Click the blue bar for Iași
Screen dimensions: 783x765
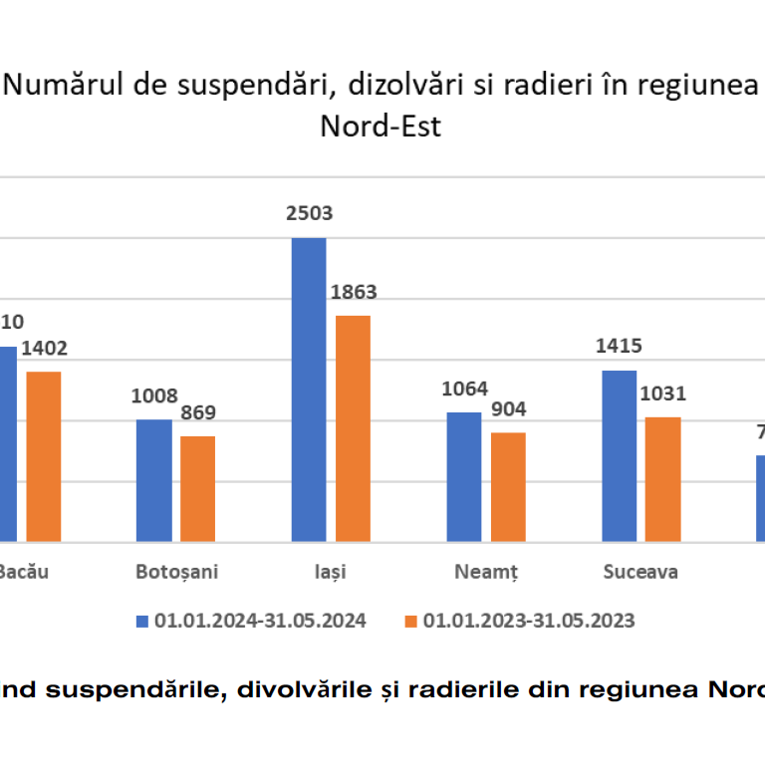308,390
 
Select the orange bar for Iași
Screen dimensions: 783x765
353,428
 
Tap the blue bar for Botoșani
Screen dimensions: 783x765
153,480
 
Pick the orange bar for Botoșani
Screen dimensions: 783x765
197,489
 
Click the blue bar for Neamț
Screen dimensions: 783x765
463,477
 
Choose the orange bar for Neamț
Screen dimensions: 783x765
508,487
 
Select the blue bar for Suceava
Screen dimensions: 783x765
620,456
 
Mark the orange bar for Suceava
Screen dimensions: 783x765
663,479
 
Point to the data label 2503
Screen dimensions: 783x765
309,213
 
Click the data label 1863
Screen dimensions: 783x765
354,292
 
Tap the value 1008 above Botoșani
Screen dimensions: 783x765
153,395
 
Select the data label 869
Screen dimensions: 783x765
197,412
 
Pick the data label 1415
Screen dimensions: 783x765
620,347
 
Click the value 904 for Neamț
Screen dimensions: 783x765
508,408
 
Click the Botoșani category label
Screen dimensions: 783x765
176,572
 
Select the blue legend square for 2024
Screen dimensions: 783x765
141,621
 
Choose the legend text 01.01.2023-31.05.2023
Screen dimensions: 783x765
529,621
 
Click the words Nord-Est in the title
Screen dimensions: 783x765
381,128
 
